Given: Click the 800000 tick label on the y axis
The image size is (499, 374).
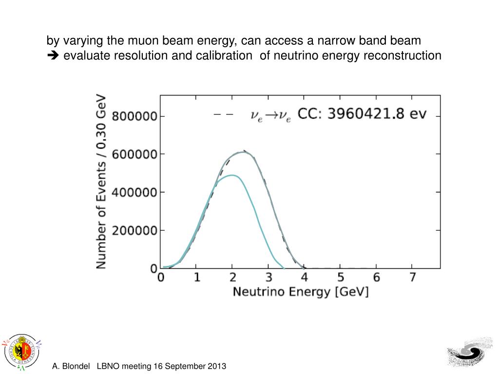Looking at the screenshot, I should (134, 117).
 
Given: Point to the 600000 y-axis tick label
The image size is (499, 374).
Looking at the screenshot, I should (134, 155).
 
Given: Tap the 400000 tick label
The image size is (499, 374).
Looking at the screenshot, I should (134, 193).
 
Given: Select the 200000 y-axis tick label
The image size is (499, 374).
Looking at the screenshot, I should (134, 231).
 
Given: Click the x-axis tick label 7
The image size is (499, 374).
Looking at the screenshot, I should (412, 278).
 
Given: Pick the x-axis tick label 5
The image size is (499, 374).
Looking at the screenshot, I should (341, 278).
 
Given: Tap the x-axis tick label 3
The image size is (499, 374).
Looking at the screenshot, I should (269, 278).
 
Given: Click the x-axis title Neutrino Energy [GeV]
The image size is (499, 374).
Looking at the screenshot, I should (301, 292).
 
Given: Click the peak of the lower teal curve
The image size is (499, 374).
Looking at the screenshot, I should (232, 175).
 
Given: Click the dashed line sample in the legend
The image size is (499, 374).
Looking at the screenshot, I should (224, 115).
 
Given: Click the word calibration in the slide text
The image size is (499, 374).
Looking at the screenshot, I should (223, 56).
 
